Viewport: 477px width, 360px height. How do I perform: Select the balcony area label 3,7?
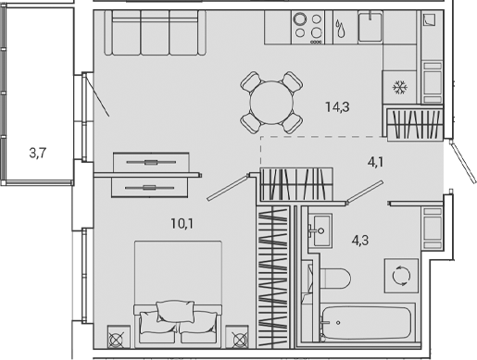point(38,155)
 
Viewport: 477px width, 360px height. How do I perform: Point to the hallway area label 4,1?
point(375,162)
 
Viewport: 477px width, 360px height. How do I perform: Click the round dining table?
point(271,102)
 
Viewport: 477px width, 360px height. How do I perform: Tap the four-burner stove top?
point(308,28)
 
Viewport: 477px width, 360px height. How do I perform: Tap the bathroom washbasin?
point(320,229)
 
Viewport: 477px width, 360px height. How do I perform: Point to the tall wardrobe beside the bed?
point(272,279)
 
